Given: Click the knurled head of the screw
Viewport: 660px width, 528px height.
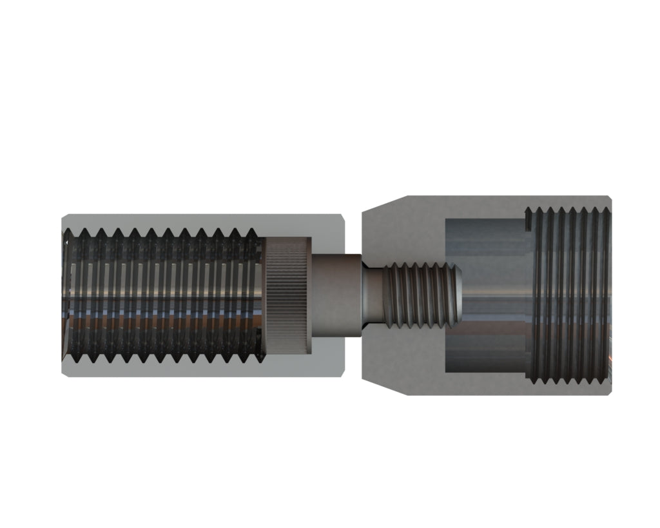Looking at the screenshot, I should click(287, 296).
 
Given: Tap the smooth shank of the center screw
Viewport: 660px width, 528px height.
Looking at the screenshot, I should click(335, 296).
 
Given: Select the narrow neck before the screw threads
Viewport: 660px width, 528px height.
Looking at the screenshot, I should click(372, 296).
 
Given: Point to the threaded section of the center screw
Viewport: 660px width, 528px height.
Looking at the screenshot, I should click(419, 296).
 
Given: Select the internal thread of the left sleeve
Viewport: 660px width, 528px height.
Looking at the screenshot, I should click(161, 296).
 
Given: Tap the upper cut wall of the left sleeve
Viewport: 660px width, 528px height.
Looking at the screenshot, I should click(193, 221).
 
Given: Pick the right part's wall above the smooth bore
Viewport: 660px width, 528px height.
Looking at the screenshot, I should click(483, 206).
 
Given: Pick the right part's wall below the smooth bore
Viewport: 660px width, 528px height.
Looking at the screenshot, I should click(483, 384).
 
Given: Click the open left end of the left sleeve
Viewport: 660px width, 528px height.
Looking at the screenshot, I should click(65, 296).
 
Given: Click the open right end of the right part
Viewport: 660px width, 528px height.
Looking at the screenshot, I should click(609, 296).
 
